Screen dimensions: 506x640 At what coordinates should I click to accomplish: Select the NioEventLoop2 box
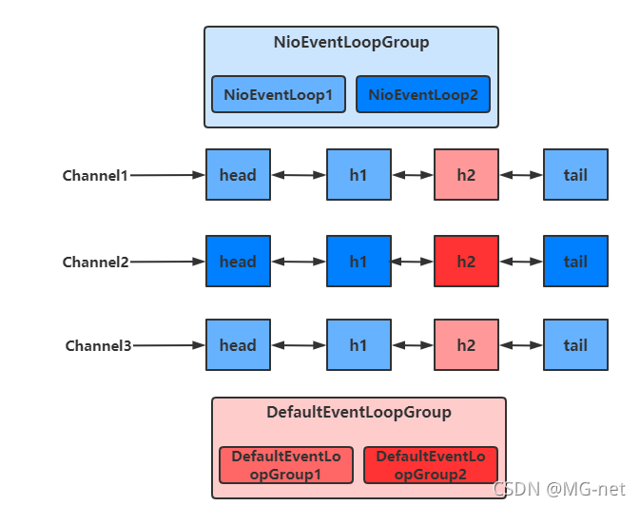423,95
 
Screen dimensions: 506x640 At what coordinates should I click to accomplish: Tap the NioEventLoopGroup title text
351,43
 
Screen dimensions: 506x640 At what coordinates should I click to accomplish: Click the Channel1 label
95,175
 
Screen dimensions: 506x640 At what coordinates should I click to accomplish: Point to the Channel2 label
95,262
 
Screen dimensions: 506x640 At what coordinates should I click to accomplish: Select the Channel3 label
98,345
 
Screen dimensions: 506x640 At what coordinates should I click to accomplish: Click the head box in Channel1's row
238,175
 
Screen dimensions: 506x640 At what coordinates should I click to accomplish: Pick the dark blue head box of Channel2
238,262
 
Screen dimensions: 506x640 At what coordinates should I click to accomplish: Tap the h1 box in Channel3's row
359,345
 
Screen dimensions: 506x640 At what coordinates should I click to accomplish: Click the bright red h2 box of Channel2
466,262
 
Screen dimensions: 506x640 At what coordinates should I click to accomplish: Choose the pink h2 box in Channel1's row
466,175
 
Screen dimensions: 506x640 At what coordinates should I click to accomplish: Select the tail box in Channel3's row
575,345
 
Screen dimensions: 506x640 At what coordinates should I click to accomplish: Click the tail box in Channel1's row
575,175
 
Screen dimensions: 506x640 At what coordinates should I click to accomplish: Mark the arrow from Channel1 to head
167,175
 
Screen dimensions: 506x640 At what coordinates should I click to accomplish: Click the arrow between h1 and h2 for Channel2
412,262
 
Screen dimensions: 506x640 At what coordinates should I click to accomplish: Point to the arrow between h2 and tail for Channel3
520,345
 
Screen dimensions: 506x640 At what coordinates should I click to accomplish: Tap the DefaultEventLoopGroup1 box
285,465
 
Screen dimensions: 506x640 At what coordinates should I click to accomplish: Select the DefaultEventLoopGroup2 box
430,465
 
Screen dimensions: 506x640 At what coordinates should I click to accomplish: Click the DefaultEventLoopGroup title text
359,413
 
